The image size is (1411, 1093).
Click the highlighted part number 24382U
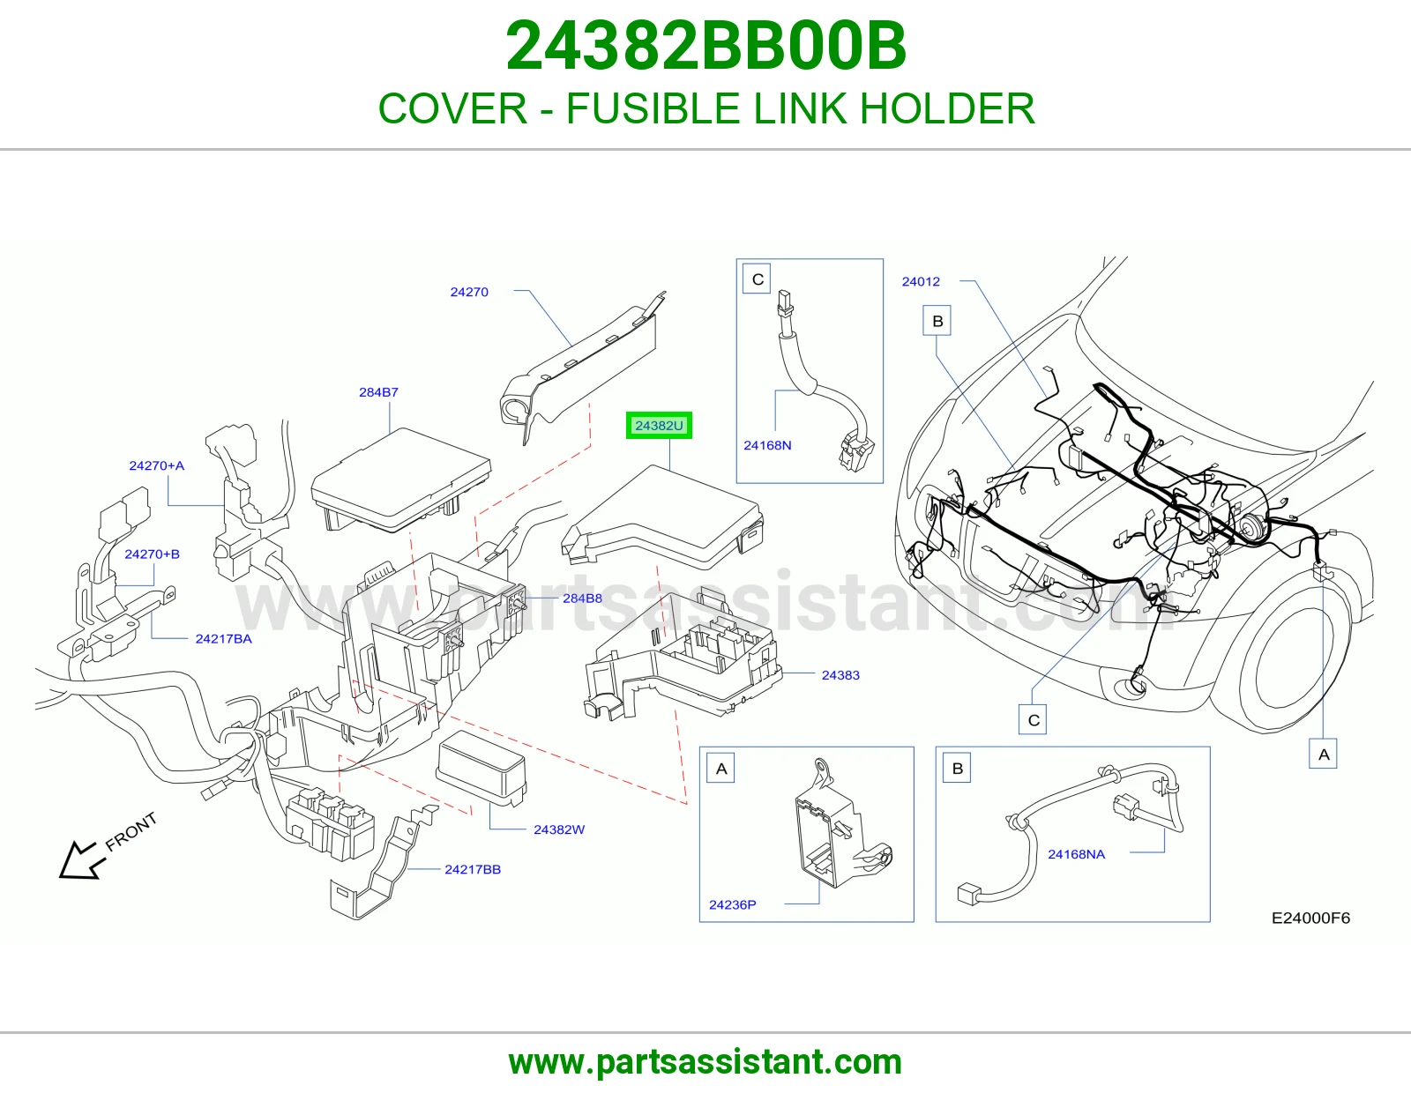point(659,426)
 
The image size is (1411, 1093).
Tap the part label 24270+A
point(156,465)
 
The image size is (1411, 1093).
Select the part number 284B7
point(378,392)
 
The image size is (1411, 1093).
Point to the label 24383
point(840,675)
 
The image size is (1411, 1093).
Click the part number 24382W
point(559,829)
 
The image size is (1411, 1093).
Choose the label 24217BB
point(473,869)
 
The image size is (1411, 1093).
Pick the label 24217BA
point(223,639)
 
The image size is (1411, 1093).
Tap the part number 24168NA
point(1076,854)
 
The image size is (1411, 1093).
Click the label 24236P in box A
point(733,904)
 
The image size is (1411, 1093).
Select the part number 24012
point(921,282)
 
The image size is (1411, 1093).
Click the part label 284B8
point(582,599)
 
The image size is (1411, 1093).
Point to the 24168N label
point(767,445)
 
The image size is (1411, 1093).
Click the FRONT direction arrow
point(82,860)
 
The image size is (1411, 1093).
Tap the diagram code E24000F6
point(1310,918)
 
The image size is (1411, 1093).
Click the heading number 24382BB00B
point(705,46)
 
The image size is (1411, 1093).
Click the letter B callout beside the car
point(937,321)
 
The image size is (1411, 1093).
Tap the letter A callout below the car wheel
point(1324,755)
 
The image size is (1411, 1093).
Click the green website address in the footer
point(705,1062)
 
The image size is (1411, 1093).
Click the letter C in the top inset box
point(758,279)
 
